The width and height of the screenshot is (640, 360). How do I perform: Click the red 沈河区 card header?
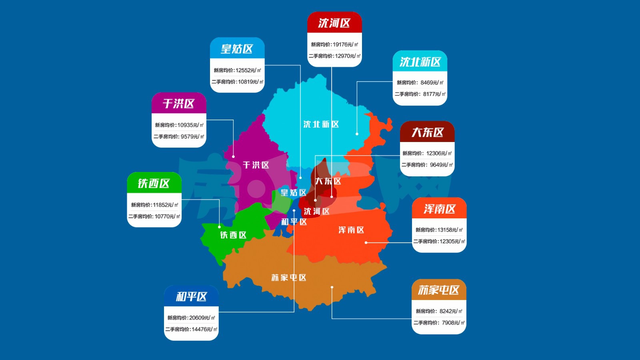334,23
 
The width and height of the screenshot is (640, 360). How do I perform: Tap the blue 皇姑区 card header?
237,49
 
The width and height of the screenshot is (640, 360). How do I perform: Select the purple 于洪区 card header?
178,104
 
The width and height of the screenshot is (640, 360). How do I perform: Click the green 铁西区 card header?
154,183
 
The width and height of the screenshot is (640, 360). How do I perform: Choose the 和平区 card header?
191,296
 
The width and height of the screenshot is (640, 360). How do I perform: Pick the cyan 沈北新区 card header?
420,62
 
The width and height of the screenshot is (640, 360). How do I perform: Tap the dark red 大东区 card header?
427,132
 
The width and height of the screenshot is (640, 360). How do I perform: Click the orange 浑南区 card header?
439,209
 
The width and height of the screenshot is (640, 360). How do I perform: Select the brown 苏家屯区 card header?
439,290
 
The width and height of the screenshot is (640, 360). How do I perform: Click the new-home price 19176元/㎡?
334,44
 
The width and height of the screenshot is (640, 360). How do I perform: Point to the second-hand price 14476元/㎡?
191,329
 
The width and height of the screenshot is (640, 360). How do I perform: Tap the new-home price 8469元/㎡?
420,82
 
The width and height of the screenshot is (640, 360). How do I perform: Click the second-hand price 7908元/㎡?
439,322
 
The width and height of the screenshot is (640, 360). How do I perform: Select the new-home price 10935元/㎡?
179,125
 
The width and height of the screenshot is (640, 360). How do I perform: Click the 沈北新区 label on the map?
321,124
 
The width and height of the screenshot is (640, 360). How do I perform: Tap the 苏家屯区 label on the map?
288,278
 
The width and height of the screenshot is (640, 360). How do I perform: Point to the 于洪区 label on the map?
256,165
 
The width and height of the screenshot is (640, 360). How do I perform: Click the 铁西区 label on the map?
233,235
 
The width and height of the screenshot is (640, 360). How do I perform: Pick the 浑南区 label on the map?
351,230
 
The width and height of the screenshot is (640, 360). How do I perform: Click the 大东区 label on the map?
328,181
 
